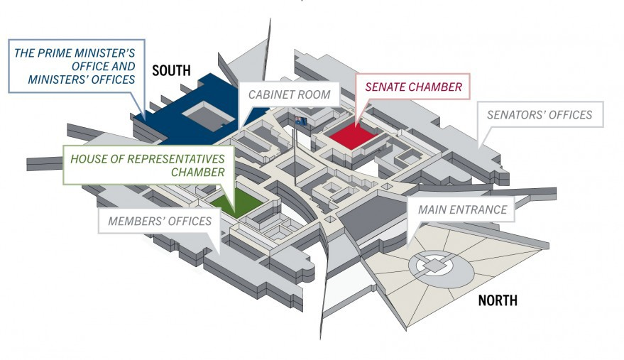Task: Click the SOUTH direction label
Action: [x=171, y=70]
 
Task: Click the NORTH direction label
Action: [x=498, y=300]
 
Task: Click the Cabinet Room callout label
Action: [x=289, y=94]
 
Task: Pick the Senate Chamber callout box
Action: [x=413, y=87]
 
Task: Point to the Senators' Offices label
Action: [x=539, y=115]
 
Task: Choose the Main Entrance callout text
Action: [x=462, y=209]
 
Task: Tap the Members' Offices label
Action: [x=160, y=221]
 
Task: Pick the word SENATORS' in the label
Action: [x=515, y=115]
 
